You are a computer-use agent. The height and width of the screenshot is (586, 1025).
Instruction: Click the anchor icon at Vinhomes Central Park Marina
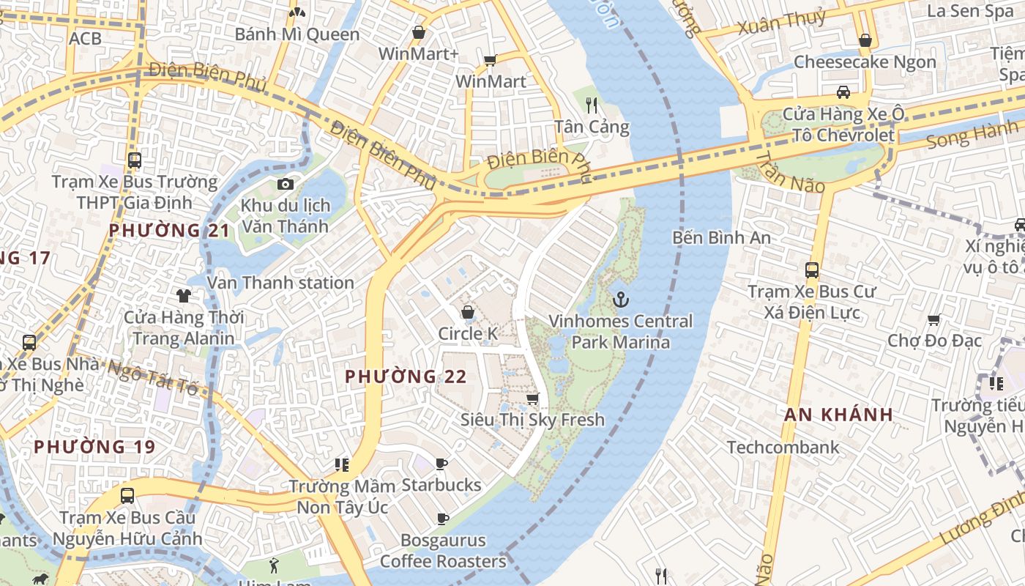coord(621,299)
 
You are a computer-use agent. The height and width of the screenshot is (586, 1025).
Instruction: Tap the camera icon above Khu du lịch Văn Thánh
coord(286,184)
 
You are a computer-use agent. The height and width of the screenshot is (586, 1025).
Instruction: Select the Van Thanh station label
coord(280,283)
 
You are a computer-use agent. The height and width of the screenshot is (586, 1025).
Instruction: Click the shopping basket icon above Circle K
coord(468,313)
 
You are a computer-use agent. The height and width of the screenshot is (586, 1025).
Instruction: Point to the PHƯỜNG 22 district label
coord(406,377)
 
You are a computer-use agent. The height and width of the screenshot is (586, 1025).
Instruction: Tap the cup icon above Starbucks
coord(441,464)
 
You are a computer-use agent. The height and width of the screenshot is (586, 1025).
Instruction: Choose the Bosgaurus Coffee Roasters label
coord(442,551)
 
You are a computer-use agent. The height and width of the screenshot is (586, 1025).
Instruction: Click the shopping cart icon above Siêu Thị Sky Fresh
coord(533,398)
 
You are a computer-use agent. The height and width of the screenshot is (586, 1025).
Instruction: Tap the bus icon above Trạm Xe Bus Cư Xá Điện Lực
coord(812,270)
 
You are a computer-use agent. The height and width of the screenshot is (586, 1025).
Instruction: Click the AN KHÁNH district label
coord(838,415)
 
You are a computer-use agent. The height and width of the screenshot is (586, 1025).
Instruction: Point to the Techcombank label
coord(783,447)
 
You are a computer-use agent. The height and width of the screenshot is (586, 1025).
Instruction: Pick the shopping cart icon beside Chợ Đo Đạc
coord(933,319)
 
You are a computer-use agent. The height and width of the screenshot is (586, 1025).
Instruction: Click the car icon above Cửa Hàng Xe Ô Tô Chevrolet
coord(843,92)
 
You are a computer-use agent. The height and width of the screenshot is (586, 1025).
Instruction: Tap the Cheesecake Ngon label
coord(865,62)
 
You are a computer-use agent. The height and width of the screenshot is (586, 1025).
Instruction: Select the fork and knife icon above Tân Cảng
coord(592,105)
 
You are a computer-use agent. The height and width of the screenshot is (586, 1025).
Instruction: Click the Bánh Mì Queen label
coord(297,34)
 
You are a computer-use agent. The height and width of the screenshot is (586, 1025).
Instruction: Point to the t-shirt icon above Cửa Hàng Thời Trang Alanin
coord(183,295)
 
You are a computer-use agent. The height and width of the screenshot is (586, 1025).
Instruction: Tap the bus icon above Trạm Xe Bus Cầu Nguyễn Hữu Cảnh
coord(127,495)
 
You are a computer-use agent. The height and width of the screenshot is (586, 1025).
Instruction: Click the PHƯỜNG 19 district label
coord(94,447)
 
